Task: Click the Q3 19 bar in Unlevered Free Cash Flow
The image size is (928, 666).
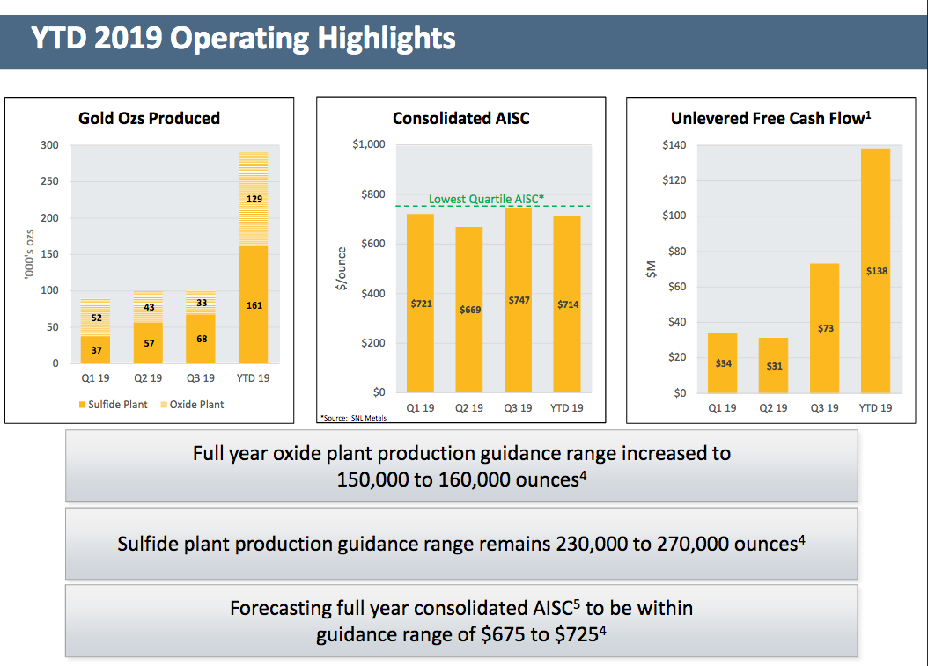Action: [825, 327]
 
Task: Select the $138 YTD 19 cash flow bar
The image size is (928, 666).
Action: [876, 271]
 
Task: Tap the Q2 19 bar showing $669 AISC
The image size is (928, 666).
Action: [470, 310]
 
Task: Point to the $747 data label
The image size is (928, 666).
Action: [519, 301]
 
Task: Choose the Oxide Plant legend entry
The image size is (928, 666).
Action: [193, 405]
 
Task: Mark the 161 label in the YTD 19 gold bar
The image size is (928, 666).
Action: [254, 305]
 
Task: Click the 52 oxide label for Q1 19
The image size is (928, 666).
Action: [96, 318]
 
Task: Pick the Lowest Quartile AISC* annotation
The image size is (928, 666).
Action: [485, 199]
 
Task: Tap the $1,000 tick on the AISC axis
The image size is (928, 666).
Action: [369, 145]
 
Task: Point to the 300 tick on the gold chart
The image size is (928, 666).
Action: [50, 145]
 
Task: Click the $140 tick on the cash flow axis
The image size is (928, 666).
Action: [674, 145]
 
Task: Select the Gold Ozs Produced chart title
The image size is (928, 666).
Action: [149, 118]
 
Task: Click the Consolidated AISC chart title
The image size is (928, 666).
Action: [461, 118]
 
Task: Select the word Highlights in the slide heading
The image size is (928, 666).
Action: [383, 38]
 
